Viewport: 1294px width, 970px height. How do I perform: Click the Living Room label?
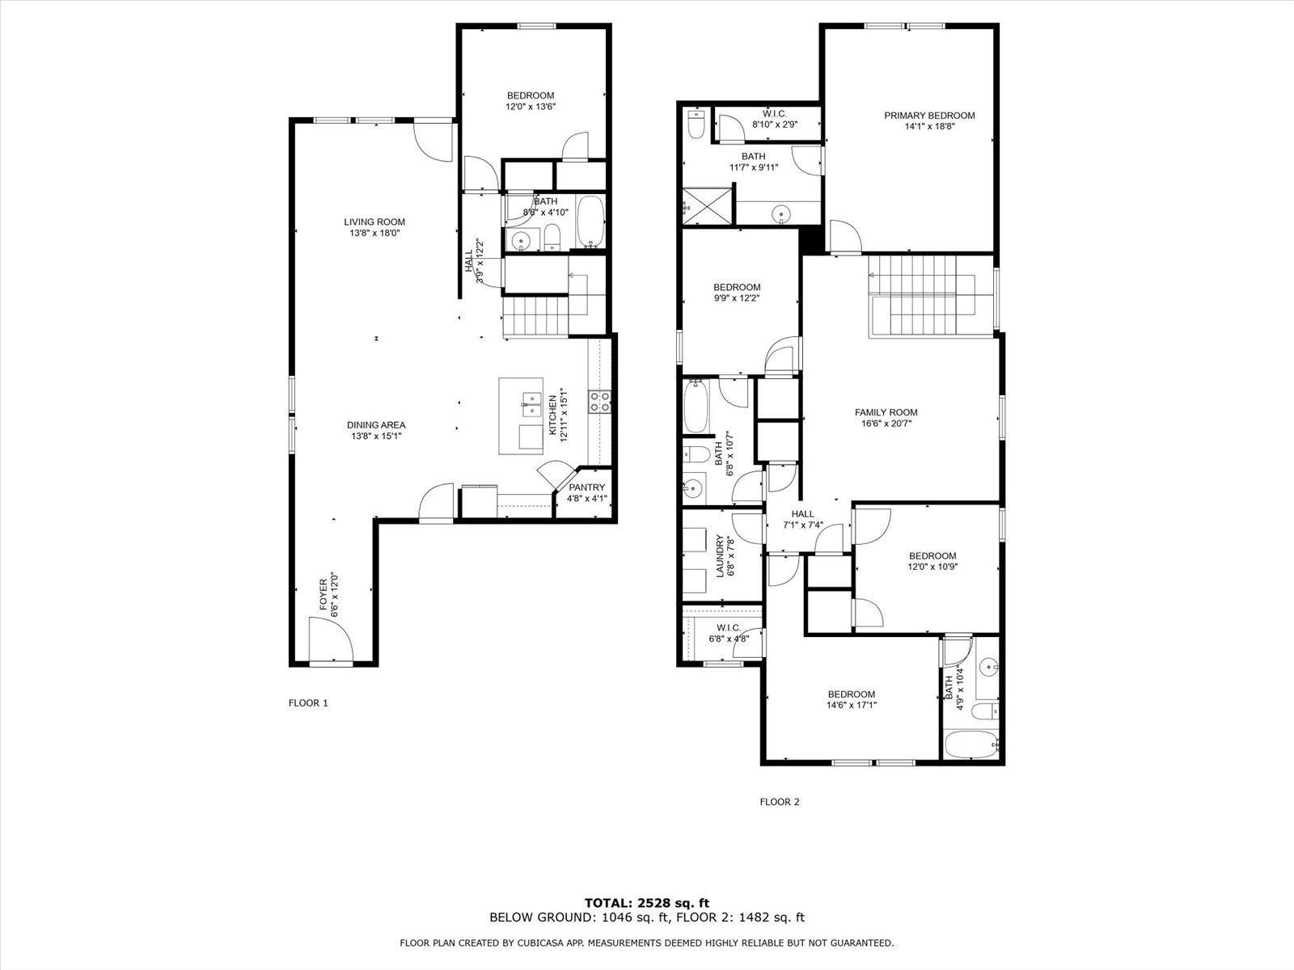(374, 222)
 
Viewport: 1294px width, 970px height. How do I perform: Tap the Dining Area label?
(376, 425)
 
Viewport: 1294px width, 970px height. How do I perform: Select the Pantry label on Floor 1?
(586, 487)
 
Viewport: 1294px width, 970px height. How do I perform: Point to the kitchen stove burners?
(599, 402)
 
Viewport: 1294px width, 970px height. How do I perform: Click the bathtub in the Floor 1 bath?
(590, 221)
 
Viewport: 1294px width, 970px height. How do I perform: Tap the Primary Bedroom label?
(929, 116)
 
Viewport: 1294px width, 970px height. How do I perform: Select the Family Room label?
(886, 413)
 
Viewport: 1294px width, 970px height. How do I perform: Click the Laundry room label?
(720, 556)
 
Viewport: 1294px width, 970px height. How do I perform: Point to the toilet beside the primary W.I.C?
(696, 124)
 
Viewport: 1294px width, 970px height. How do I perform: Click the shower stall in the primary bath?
(708, 205)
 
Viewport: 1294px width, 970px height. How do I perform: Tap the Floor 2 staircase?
(930, 296)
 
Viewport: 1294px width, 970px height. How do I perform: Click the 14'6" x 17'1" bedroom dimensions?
(852, 705)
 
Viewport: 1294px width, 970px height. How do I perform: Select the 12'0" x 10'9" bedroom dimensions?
(932, 567)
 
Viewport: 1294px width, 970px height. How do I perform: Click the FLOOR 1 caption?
(308, 702)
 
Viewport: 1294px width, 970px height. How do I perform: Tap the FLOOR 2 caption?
(780, 802)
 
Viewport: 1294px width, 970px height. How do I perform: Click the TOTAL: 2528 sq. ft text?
(647, 903)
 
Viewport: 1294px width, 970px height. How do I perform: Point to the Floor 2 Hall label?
(802, 514)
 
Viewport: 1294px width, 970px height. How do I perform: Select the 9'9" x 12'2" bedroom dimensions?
(736, 298)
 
